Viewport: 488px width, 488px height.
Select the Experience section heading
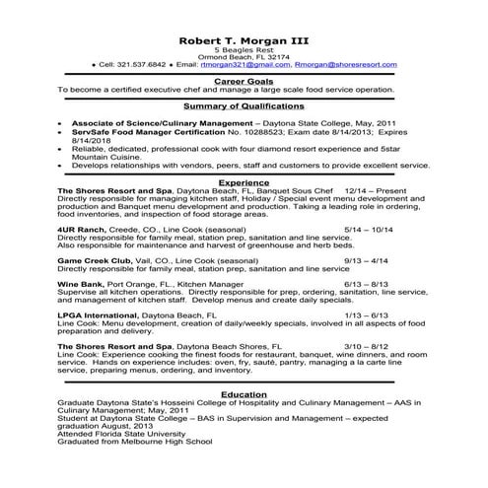(244, 183)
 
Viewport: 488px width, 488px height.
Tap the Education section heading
(244, 392)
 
